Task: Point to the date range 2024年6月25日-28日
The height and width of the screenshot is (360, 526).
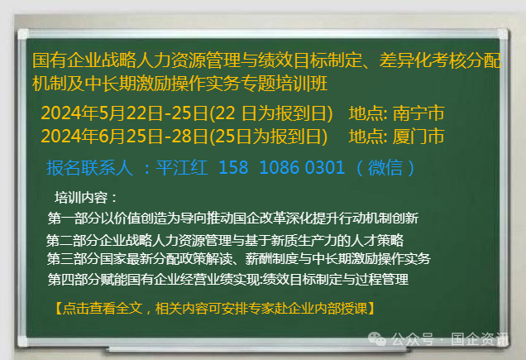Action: point(123,136)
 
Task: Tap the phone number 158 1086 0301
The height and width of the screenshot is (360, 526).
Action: point(281,168)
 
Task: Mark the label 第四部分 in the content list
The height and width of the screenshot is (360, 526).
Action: point(72,280)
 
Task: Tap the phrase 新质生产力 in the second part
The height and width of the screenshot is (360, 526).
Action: point(311,241)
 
